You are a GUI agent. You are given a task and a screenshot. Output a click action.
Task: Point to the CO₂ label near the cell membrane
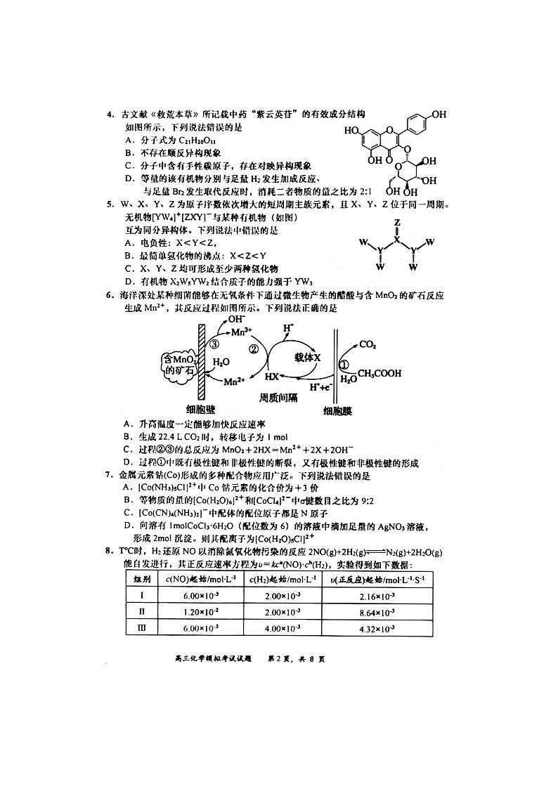click(368, 344)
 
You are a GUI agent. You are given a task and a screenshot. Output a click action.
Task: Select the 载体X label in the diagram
click(307, 358)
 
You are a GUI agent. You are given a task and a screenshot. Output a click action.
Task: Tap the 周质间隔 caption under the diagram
click(278, 397)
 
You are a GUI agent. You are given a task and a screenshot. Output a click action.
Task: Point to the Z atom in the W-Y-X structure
click(397, 222)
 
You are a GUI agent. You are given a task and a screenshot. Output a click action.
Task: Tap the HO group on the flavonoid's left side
click(352, 131)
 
